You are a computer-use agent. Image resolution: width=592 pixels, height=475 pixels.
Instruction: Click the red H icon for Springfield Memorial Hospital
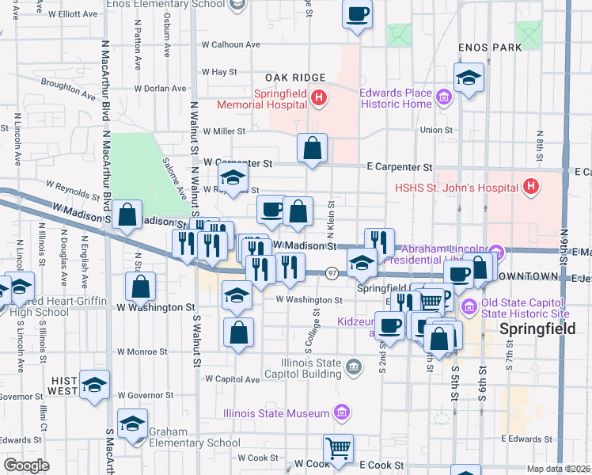point(318,98)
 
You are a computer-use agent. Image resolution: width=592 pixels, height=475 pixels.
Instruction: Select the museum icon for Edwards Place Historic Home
point(443,98)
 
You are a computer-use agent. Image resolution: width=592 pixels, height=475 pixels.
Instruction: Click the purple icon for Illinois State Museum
point(340,412)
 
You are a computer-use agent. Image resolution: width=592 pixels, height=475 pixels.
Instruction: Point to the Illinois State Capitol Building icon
point(353,365)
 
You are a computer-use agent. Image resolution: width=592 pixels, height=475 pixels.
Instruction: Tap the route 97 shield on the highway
point(332,273)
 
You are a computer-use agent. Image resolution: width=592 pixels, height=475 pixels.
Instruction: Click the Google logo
point(26,465)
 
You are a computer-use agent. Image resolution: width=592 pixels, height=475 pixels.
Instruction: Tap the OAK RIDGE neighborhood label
point(295,77)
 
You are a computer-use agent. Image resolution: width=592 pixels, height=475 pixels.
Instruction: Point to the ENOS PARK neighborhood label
point(490,47)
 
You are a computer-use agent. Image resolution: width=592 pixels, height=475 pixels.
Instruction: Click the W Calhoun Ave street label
point(230,44)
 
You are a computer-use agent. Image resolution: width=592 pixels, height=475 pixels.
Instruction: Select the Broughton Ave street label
point(68,82)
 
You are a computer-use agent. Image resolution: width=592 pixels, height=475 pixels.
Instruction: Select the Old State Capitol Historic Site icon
point(468,306)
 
